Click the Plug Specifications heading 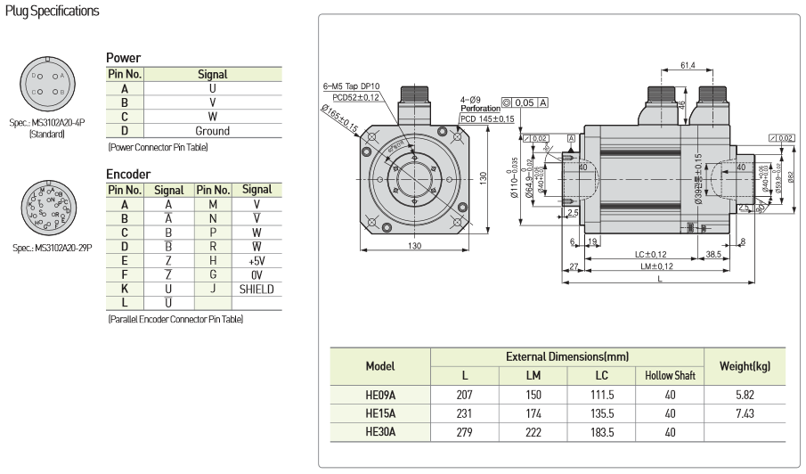coord(52,11)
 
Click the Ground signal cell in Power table coord(212,130)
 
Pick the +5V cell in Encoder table coord(256,260)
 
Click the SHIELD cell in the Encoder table coord(256,289)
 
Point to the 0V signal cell coord(256,274)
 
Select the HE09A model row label coord(380,394)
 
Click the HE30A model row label coord(380,431)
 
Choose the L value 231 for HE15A coord(464,413)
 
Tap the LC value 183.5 coord(600,431)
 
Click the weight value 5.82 coord(746,394)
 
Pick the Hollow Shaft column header coord(670,375)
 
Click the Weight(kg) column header coord(746,366)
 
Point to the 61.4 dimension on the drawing coord(688,65)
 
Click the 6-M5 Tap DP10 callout coord(352,86)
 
